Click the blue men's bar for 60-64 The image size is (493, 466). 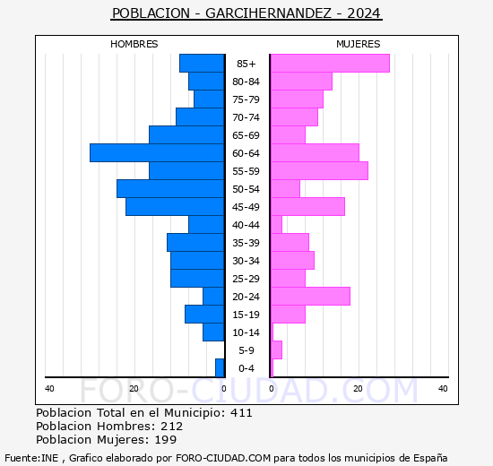click(157, 153)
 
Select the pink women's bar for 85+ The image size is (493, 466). click(330, 64)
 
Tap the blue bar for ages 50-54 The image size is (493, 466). click(170, 189)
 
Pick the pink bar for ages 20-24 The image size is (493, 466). click(310, 297)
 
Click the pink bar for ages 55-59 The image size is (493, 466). click(319, 171)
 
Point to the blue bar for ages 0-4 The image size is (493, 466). click(220, 368)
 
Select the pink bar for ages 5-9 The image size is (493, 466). click(276, 350)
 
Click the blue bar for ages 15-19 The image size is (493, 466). click(204, 315)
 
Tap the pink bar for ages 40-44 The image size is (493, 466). click(276, 225)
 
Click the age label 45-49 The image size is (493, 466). click(246, 207)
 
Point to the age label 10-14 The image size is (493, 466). click(246, 332)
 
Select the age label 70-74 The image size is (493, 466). click(246, 117)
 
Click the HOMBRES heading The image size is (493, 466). click(134, 44)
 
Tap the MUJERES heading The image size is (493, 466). click(359, 44)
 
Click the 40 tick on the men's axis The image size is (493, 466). click(49, 389)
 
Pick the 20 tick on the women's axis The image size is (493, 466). click(358, 389)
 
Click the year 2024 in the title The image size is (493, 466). click(364, 13)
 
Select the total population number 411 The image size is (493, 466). click(241, 412)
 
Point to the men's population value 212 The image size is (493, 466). click(172, 426)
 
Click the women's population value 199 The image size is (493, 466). click(166, 440)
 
